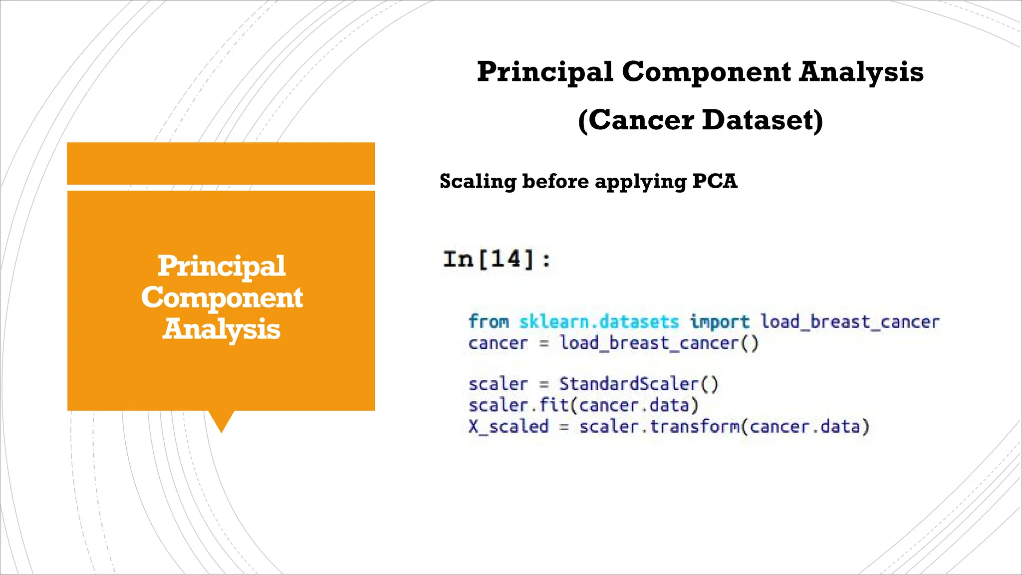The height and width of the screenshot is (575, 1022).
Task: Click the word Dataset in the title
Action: [x=762, y=120]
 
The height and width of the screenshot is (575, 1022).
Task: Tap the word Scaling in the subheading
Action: [x=478, y=182]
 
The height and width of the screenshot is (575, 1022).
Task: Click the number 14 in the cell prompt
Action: [x=507, y=259]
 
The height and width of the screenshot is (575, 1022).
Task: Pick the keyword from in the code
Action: [x=489, y=321]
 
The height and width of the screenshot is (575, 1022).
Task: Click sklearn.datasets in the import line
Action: [x=599, y=321]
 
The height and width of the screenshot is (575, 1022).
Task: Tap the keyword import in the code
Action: [x=719, y=322]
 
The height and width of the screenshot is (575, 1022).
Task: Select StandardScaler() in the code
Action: [x=639, y=384]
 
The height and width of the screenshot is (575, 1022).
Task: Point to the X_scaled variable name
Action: [x=509, y=427]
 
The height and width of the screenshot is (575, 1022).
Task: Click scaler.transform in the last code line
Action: [x=659, y=427]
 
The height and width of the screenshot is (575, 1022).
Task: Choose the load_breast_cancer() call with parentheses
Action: [x=659, y=343]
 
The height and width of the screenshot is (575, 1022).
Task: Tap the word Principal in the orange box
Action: [x=222, y=266]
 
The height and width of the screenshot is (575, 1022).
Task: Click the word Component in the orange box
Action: [x=222, y=297]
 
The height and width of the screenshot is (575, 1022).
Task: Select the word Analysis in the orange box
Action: [x=222, y=329]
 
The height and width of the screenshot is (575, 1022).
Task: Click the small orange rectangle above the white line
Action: [x=221, y=163]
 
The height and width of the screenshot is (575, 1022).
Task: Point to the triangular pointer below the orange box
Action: [x=221, y=420]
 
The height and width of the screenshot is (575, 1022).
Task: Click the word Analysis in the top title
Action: [x=861, y=72]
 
